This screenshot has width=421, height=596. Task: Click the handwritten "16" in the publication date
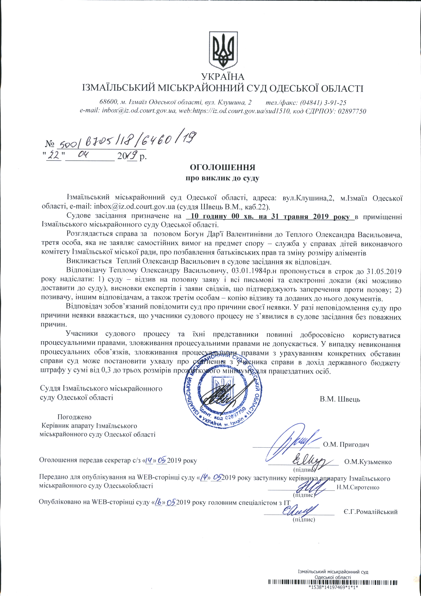point(158,502)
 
